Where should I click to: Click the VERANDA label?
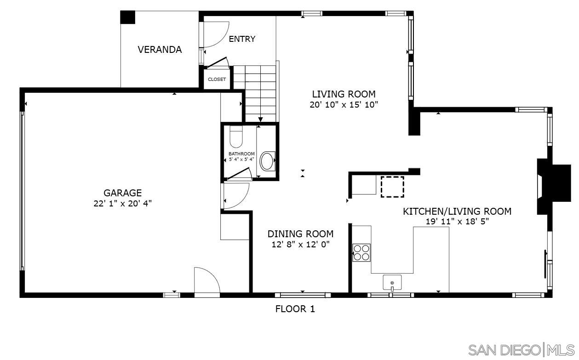(x=160, y=50)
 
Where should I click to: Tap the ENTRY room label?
(x=242, y=39)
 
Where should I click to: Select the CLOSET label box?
(x=217, y=80)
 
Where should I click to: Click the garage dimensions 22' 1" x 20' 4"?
(x=122, y=203)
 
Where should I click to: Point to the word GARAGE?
(x=122, y=193)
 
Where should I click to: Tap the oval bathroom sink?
(x=267, y=161)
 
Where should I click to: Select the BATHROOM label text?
(x=241, y=154)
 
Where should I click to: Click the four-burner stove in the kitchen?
(x=361, y=252)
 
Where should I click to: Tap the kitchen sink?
(x=392, y=282)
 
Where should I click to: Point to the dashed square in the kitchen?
(x=392, y=187)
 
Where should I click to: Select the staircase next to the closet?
(x=261, y=92)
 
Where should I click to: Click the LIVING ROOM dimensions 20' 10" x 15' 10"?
(x=344, y=105)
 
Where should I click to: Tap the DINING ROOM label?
(x=300, y=234)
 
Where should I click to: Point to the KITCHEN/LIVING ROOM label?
(x=457, y=211)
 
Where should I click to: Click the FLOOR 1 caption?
(x=295, y=309)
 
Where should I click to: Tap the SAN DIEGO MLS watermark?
(x=521, y=350)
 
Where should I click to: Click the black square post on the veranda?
(x=128, y=17)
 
